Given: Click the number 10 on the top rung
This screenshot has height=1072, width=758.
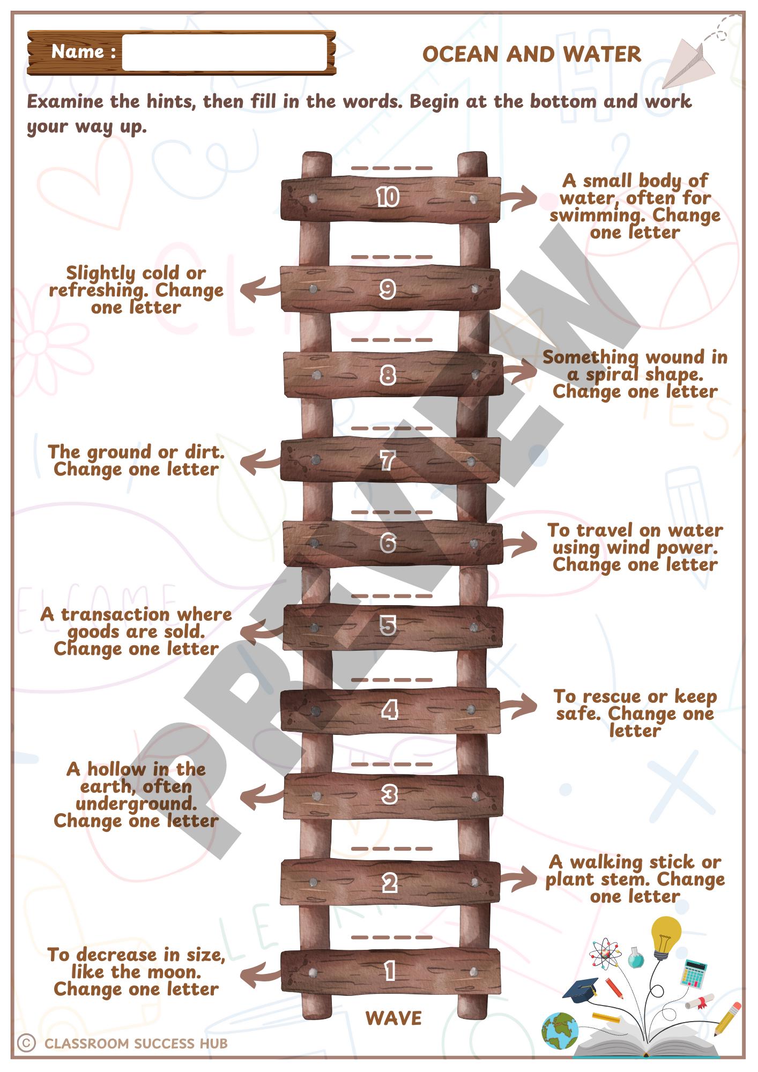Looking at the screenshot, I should point(388,197).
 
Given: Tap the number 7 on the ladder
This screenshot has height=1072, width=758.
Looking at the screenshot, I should point(388,460).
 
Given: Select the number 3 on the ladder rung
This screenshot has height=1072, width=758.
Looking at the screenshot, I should point(389,794).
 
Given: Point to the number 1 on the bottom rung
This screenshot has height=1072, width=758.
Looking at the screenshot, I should point(390,971).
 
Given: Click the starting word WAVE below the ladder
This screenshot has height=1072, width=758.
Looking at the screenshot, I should point(393,1018).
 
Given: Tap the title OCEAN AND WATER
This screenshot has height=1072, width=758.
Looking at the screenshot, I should point(531,54).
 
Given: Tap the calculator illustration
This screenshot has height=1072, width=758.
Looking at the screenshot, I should point(694,973).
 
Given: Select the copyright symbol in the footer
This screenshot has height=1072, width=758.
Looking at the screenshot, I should point(26,1043).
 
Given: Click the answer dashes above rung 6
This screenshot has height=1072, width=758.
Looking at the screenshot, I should point(391,512).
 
